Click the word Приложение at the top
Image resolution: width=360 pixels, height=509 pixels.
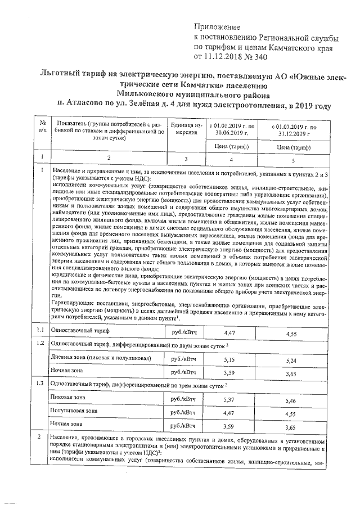pyautogui.click(x=217, y=26)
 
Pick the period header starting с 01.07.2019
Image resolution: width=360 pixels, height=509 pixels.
pyautogui.click(x=295, y=130)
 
